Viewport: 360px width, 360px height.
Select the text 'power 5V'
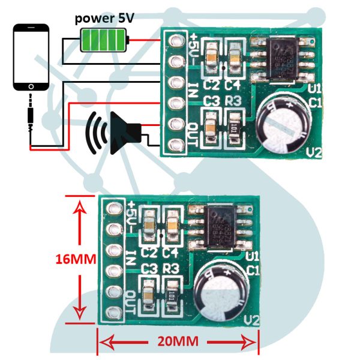[x=104, y=17]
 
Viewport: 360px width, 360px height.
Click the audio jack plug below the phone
[x=29, y=115]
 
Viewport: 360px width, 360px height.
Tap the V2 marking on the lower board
[x=251, y=319]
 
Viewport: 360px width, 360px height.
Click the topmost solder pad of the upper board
[x=176, y=41]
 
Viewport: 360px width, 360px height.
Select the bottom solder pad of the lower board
[x=112, y=311]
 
